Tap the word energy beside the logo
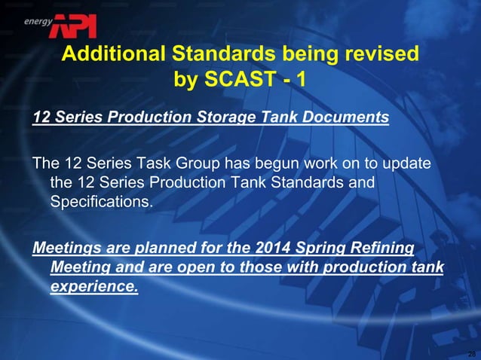pyautogui.click(x=37, y=22)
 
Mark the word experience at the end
pyautogui.click(x=93, y=288)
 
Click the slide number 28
pyautogui.click(x=471, y=354)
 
